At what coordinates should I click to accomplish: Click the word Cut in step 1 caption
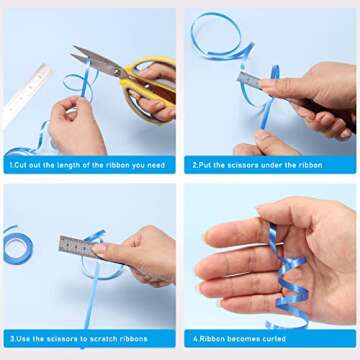(x=20, y=165)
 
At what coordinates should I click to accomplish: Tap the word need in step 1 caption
(x=157, y=165)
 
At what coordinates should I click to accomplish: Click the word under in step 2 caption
(x=261, y=165)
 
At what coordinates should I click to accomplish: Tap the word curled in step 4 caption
(x=274, y=339)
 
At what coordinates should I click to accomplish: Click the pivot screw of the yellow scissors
(x=117, y=70)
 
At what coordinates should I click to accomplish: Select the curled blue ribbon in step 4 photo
(x=288, y=277)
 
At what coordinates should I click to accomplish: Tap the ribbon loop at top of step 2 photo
(x=218, y=36)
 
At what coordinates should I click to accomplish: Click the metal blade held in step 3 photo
(x=77, y=246)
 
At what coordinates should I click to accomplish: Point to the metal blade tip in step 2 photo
(x=239, y=77)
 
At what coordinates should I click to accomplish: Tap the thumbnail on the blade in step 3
(x=99, y=249)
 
